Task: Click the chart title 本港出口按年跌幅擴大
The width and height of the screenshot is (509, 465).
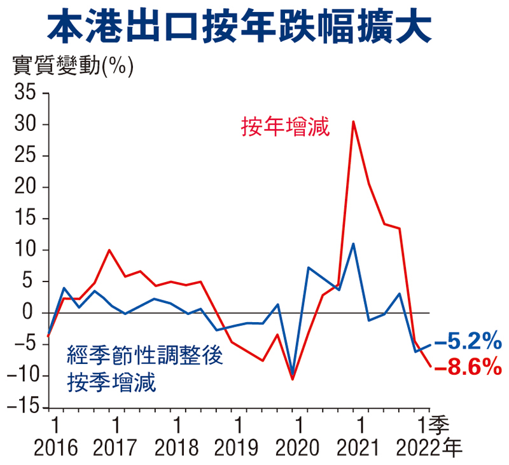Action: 254,27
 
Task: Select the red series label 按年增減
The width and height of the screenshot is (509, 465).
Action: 284,127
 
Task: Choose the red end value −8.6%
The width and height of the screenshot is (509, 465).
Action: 468,366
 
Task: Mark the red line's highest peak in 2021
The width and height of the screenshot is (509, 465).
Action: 353,121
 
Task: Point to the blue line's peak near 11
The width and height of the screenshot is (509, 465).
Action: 353,243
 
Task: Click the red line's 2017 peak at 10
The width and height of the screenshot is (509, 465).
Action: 109,250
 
